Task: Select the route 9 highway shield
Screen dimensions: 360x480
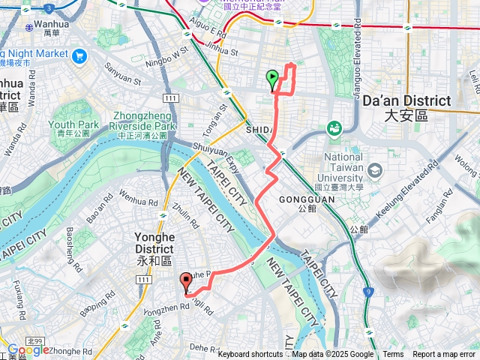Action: pos(368,290)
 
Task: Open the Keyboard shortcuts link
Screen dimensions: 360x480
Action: pos(250,355)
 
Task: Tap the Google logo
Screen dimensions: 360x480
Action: pos(28,349)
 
